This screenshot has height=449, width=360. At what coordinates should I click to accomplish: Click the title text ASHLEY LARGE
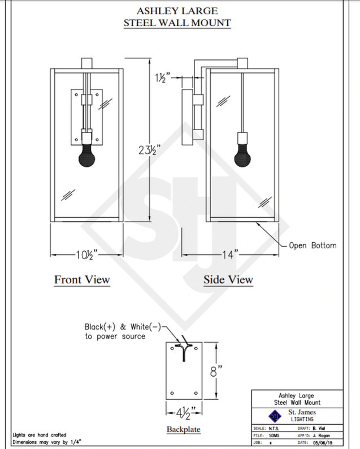click(177, 11)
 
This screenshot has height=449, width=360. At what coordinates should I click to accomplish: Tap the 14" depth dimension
click(228, 254)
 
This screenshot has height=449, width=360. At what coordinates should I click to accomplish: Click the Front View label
click(82, 279)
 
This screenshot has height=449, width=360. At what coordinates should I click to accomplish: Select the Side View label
click(228, 279)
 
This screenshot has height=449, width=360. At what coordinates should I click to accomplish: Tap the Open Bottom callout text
click(313, 245)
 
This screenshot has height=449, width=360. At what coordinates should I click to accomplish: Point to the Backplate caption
click(183, 430)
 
